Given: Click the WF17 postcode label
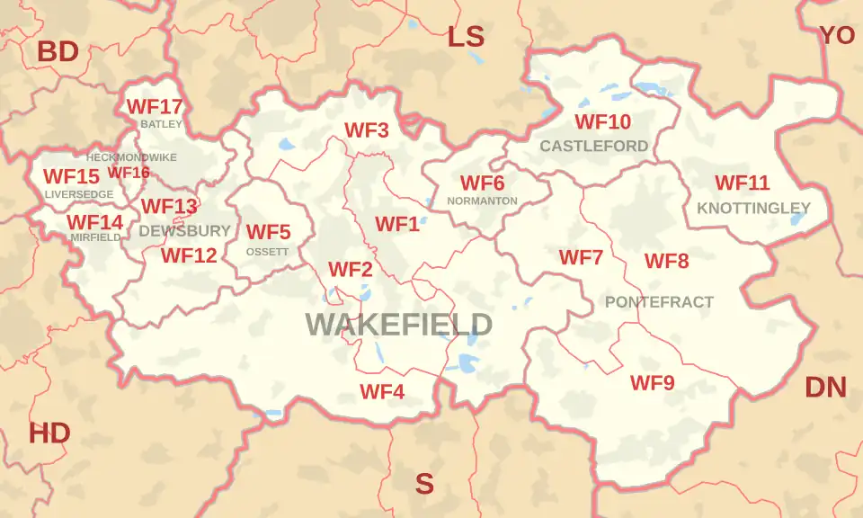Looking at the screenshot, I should [155, 106].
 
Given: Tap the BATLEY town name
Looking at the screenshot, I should [161, 124].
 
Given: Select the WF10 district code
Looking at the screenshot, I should [602, 121].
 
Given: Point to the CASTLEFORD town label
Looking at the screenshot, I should [593, 146].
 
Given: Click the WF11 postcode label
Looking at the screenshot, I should [742, 183].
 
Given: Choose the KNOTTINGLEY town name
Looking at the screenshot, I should [753, 208].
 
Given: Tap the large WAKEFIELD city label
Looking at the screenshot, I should [398, 324].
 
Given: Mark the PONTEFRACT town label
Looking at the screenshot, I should [659, 302].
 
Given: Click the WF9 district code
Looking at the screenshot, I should [652, 383].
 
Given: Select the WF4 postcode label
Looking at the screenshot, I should [382, 392].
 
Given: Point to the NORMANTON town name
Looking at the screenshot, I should [482, 201].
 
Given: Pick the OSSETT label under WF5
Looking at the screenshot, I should [268, 252].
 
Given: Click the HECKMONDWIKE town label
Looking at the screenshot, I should [131, 156].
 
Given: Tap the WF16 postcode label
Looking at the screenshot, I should [129, 173].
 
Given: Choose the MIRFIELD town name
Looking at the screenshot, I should [95, 237].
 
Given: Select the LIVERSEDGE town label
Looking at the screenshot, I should [79, 194].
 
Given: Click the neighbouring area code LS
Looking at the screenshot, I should [466, 37].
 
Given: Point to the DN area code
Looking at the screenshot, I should [825, 388].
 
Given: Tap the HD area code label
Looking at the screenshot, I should [49, 433].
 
